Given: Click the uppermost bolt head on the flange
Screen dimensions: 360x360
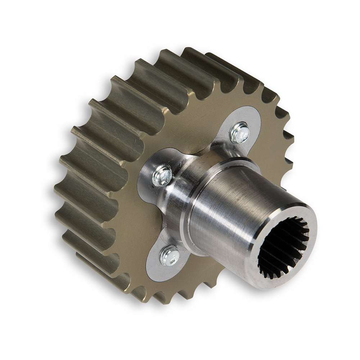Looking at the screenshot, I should click(x=240, y=133).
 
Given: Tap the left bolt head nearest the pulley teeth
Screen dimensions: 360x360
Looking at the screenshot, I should click(x=162, y=175).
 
